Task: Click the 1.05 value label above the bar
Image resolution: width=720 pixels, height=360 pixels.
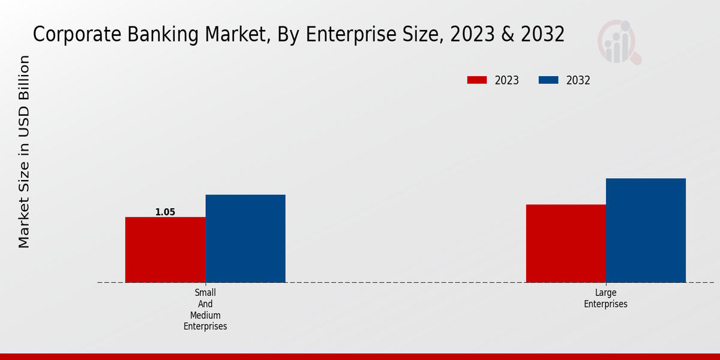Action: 165,212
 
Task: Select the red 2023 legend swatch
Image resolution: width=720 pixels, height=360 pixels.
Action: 477,80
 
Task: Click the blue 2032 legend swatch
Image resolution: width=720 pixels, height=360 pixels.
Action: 548,80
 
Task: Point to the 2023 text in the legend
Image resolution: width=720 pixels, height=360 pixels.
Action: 507,80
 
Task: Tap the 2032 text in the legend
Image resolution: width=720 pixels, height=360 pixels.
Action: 578,80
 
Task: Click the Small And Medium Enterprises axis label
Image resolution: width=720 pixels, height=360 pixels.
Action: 205,310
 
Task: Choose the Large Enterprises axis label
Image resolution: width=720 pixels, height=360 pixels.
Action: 606,298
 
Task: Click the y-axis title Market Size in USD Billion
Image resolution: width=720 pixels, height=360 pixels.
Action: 24,151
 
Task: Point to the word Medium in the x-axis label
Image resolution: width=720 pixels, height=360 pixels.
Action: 205,315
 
